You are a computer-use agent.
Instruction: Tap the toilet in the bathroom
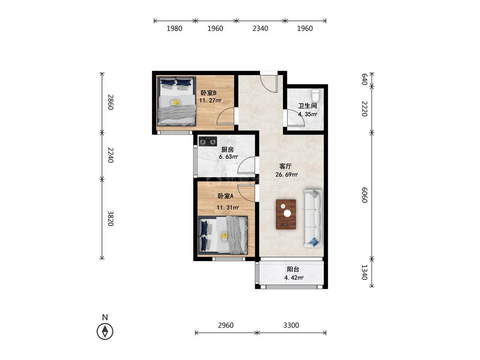[x=315, y=95]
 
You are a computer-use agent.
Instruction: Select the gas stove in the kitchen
[x=208, y=141]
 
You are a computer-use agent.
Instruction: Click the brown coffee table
[x=286, y=214]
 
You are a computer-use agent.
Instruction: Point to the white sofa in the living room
[x=313, y=218]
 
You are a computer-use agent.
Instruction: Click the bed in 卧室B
[x=176, y=101]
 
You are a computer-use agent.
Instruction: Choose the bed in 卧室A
[x=223, y=235]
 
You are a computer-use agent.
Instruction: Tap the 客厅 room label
[x=285, y=166]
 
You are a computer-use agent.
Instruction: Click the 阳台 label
[x=293, y=270]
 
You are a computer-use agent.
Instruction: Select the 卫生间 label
[x=307, y=106]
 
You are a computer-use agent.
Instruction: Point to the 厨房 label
[x=227, y=150]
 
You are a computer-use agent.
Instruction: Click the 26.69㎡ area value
[x=287, y=175]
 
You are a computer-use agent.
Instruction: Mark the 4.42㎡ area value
[x=294, y=278]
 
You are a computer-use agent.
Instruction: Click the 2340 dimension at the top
[x=260, y=29]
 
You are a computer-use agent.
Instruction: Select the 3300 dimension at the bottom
[x=291, y=325]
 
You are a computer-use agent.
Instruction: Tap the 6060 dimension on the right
[x=364, y=195]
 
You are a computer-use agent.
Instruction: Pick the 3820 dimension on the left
[x=111, y=218]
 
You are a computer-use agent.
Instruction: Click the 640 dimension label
[x=364, y=79]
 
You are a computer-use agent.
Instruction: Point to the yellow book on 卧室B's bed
[x=175, y=102]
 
